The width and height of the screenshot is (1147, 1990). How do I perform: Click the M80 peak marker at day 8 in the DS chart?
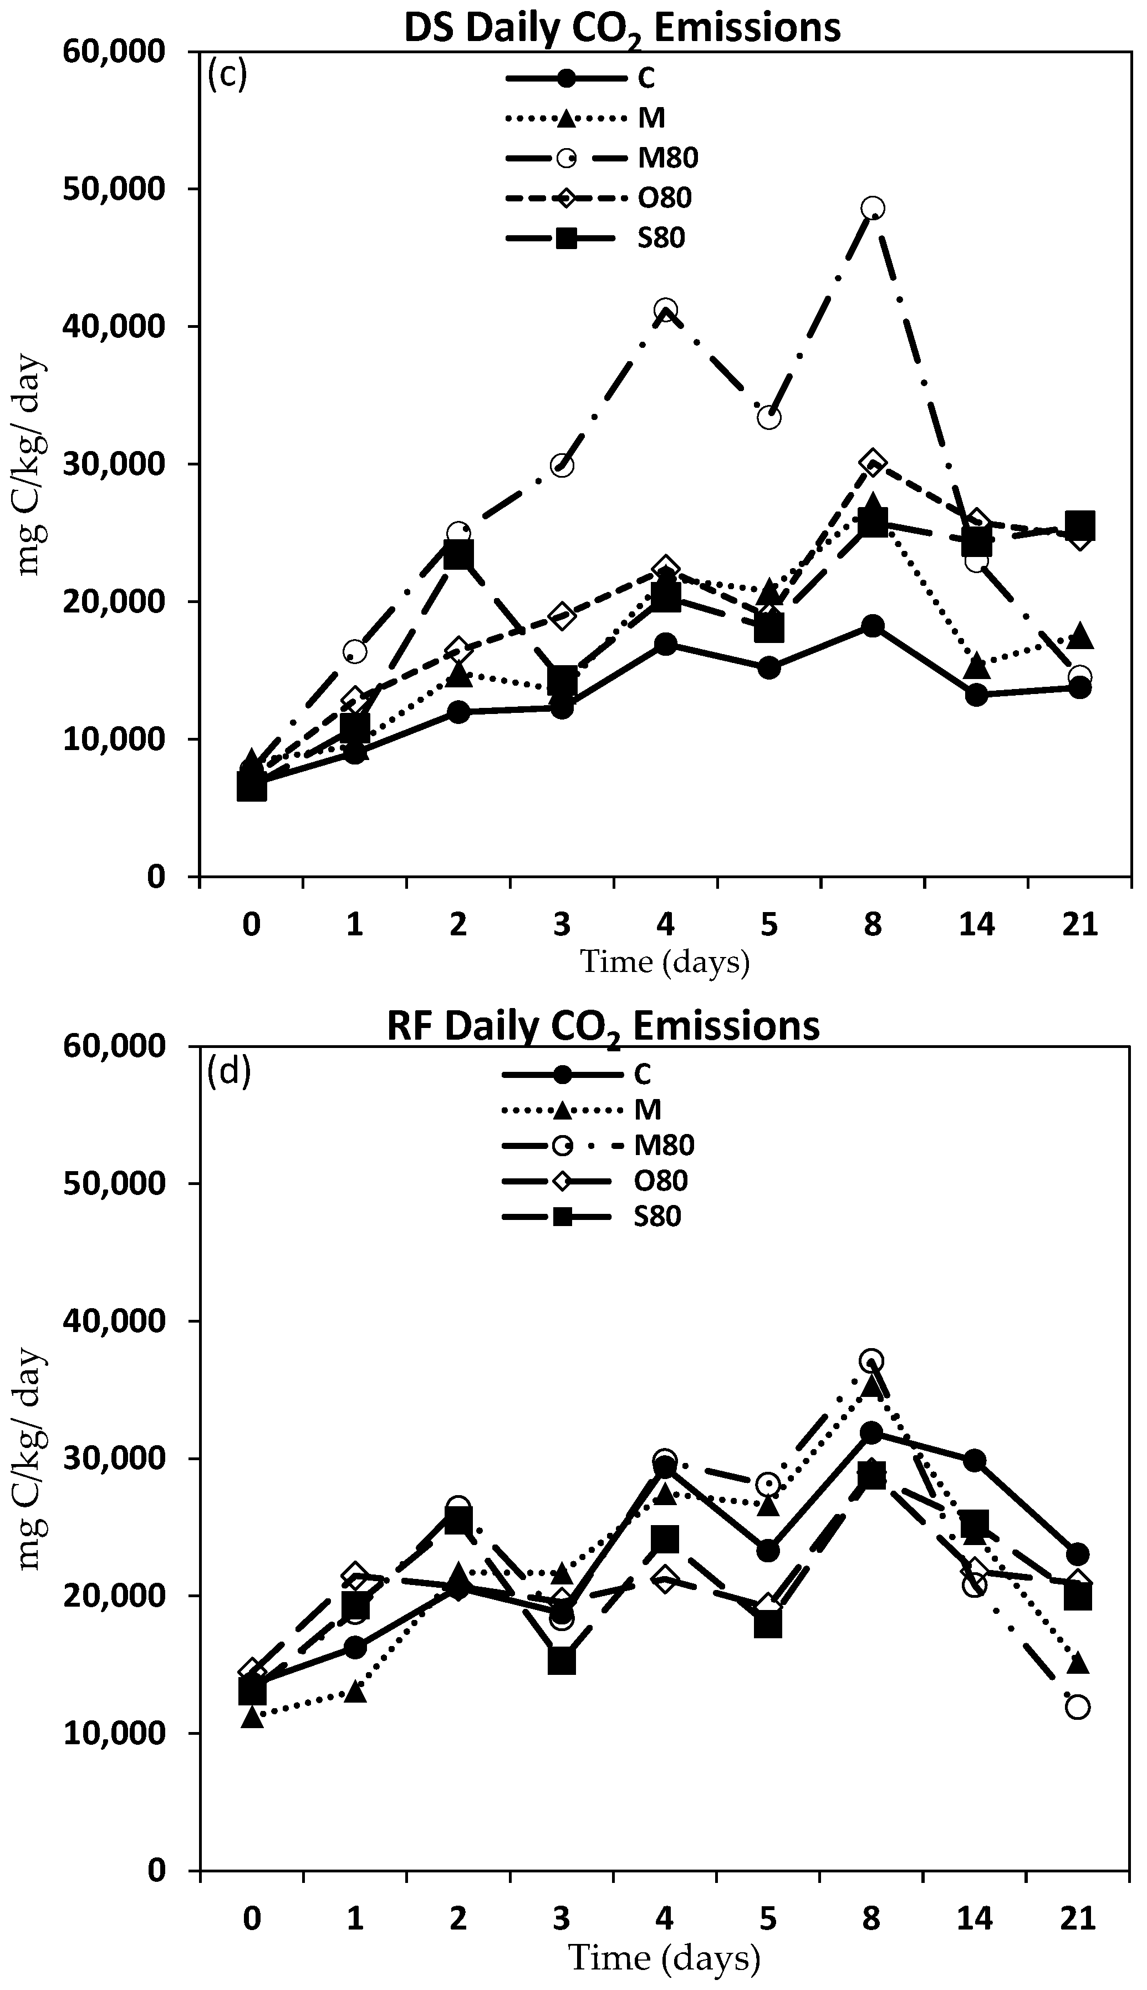point(872,208)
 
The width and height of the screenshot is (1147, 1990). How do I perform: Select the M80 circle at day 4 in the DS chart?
point(666,310)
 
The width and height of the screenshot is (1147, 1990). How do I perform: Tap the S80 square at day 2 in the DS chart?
point(458,556)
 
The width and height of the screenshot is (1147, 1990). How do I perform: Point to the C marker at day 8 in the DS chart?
point(872,626)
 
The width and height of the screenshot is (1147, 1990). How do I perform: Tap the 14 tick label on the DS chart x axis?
point(976,924)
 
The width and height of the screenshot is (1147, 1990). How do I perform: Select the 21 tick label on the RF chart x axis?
point(1078,1917)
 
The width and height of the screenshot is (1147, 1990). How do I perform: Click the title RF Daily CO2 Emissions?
point(603,1027)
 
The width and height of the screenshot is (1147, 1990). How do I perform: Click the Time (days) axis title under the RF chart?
point(664,1958)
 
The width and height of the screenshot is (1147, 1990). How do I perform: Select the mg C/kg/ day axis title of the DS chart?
point(32,465)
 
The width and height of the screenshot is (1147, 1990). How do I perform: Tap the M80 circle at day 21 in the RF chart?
point(1078,1708)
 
